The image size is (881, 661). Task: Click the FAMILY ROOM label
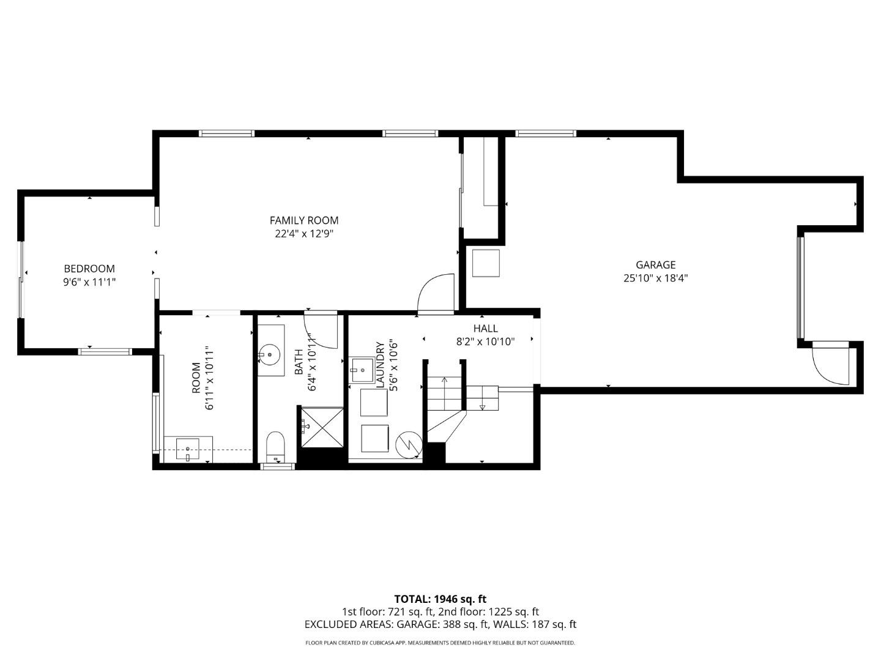coord(304,220)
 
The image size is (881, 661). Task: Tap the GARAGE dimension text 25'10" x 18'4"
coord(656,278)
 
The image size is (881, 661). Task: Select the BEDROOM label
coord(89,269)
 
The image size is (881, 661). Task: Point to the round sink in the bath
coord(269,354)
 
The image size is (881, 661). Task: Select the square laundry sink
coord(361,370)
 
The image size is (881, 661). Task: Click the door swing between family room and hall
coord(435,294)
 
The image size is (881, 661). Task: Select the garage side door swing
coord(831,366)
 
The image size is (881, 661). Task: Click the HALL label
coord(485,329)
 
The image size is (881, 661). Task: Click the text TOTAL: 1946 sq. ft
coord(440,599)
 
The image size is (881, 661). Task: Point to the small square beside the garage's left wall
coord(486,263)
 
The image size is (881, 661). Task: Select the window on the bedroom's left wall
coord(21,280)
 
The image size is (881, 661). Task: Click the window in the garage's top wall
coord(546,133)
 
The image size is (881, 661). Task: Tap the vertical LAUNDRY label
coord(380,365)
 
